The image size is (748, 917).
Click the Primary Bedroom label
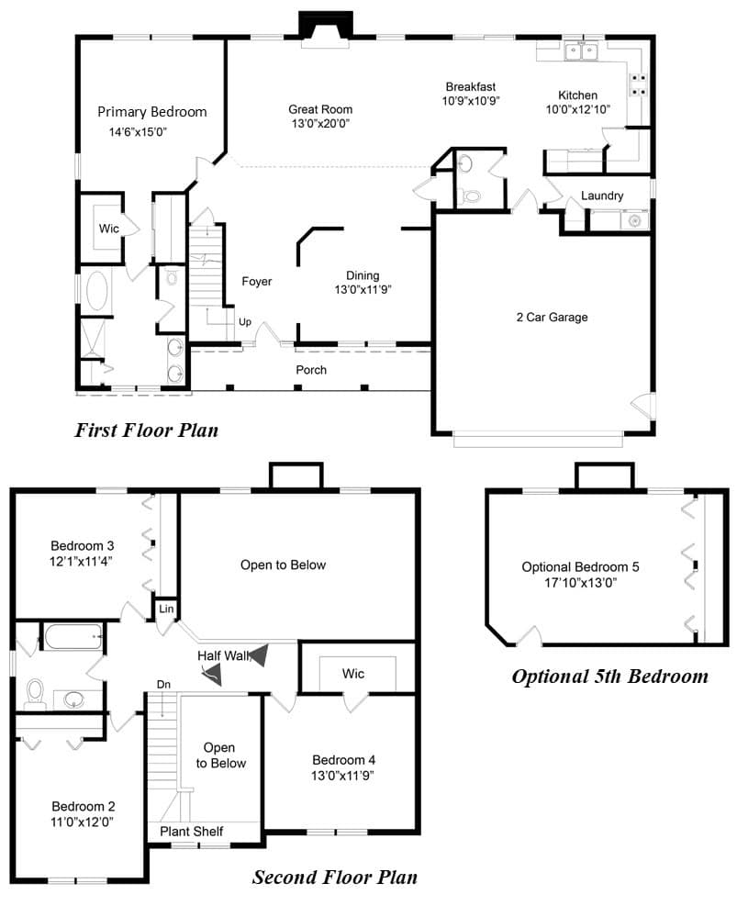point(152,112)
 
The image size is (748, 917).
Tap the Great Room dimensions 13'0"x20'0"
point(320,123)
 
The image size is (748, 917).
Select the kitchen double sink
point(581,52)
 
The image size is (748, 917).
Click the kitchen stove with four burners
point(638,84)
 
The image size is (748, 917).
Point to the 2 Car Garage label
point(553,317)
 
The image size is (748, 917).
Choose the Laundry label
point(602,196)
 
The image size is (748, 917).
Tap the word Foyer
point(257,281)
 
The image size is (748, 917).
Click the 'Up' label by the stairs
point(245,321)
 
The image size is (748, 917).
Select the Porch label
point(311,370)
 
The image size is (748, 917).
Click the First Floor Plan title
point(146,431)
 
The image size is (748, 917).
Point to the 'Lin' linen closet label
point(166,609)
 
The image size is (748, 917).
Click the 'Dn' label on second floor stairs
point(163,684)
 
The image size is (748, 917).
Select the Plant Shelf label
point(192,831)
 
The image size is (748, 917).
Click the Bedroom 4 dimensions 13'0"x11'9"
point(342,776)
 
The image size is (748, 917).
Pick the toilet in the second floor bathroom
point(36,693)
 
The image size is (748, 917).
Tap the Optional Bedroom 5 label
point(580,566)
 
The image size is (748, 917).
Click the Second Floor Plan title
point(334,878)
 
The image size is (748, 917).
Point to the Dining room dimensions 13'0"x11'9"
point(363,289)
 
